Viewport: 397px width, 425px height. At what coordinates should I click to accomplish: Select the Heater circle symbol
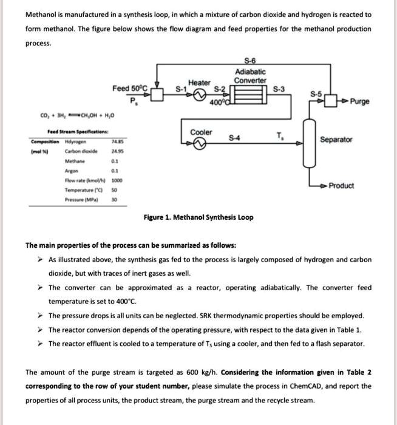tap(198, 100)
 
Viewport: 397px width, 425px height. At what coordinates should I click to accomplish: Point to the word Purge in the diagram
tap(360, 101)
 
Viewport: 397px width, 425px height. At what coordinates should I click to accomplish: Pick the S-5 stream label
tap(315, 94)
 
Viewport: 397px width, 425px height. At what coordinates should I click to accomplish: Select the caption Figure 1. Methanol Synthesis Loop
tap(198, 217)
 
